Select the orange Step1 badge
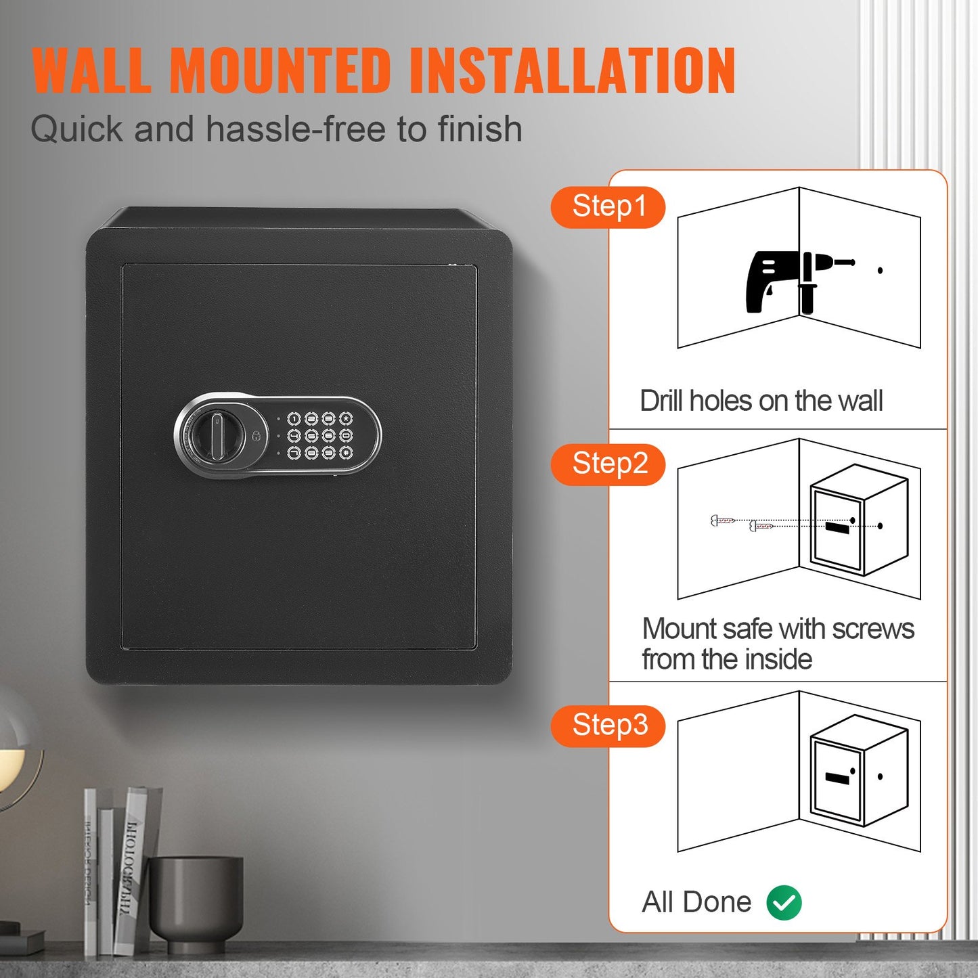pos(608,207)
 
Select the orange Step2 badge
pos(608,464)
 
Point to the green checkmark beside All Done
pos(784,902)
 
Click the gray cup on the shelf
pos(196,900)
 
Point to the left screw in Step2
pos(723,520)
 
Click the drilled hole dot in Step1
pos(880,271)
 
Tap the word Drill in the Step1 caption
pos(663,401)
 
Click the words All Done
pos(696,902)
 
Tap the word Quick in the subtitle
pos(76,129)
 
